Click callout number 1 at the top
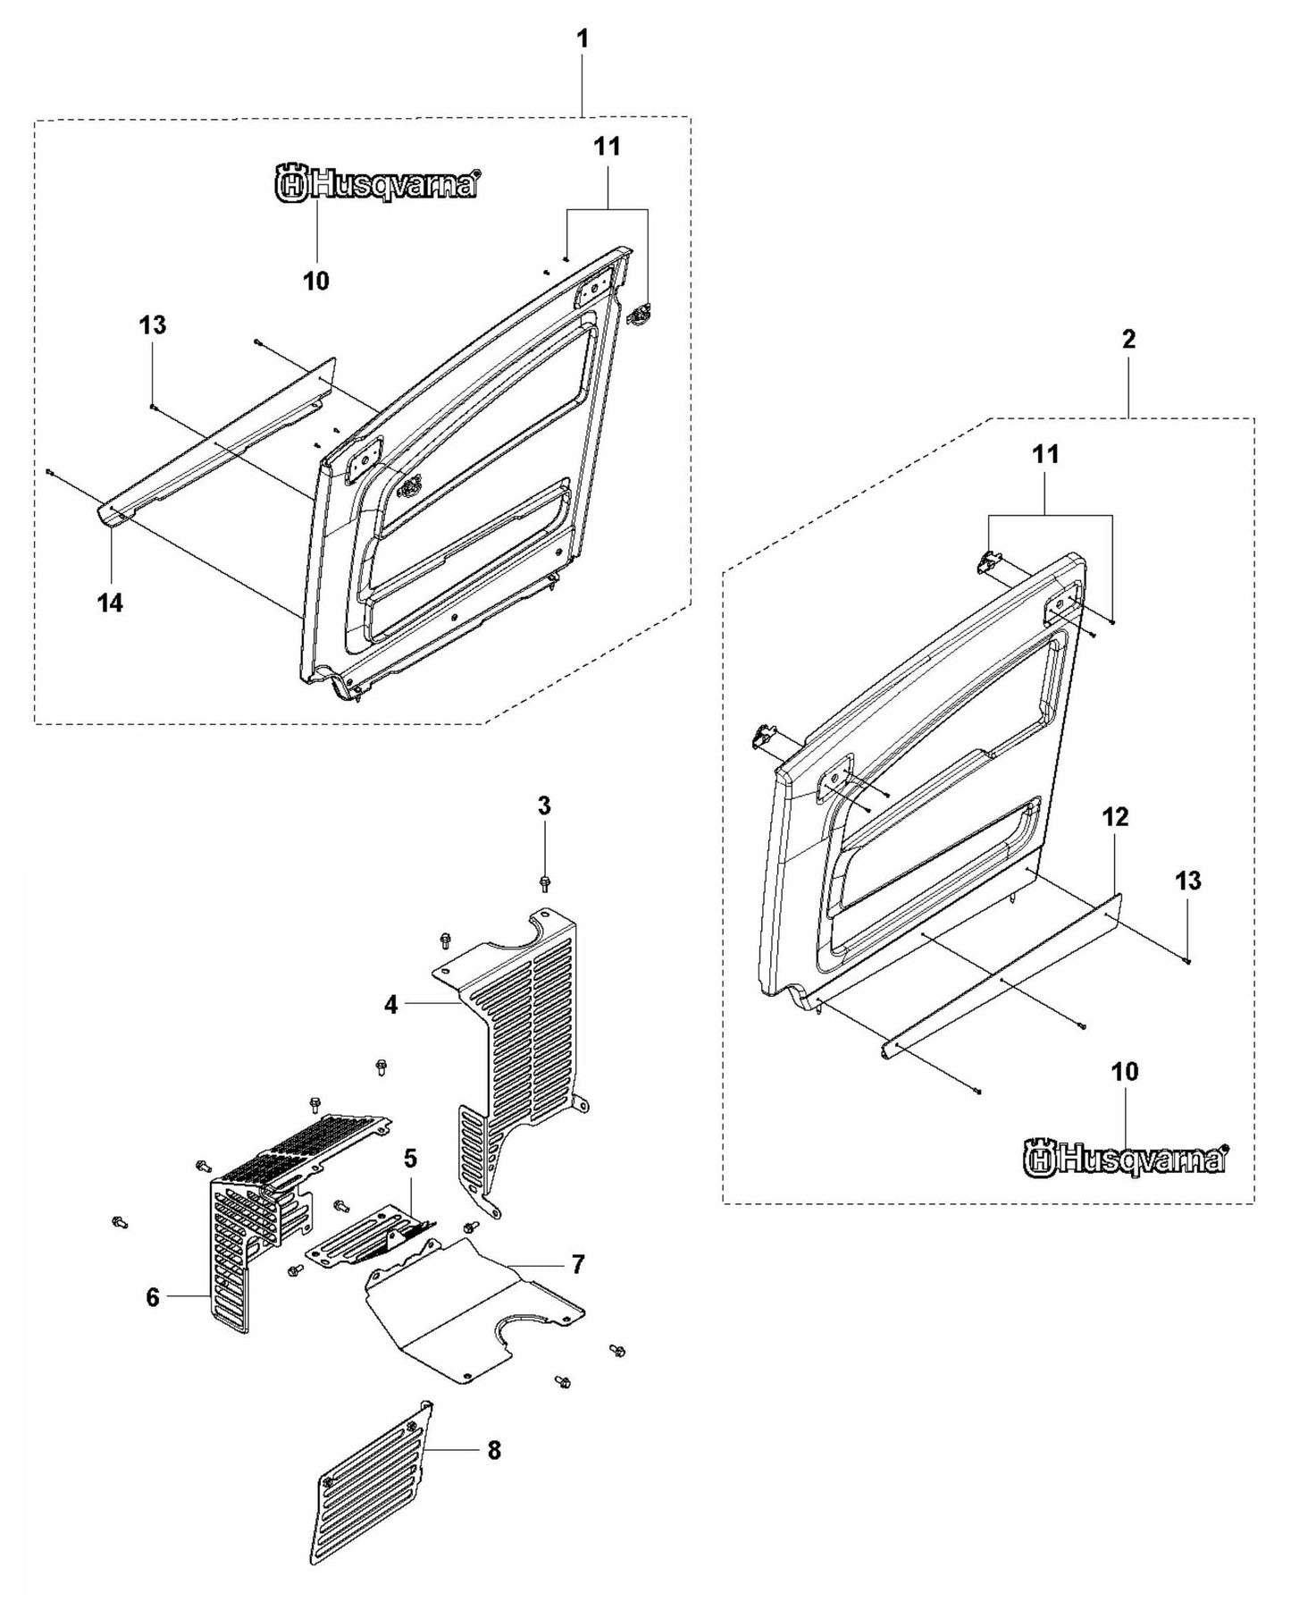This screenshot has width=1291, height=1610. (x=583, y=39)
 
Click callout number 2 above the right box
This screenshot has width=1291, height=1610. (x=1128, y=340)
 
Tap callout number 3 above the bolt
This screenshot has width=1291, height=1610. (x=544, y=806)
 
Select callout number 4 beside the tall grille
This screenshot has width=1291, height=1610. (x=390, y=1005)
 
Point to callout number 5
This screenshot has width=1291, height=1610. (x=410, y=1159)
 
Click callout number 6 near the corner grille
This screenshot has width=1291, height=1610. (x=153, y=1296)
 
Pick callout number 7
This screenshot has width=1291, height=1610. (x=578, y=1264)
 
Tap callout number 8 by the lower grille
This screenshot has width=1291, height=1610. (x=494, y=1450)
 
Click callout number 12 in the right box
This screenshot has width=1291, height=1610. (x=1116, y=817)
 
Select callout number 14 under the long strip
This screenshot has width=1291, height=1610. (x=110, y=603)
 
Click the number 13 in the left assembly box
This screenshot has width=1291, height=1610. (x=153, y=325)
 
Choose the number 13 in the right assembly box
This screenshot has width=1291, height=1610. (x=1187, y=881)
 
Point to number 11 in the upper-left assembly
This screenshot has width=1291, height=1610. (x=607, y=147)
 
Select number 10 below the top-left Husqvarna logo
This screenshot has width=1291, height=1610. (x=315, y=281)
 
